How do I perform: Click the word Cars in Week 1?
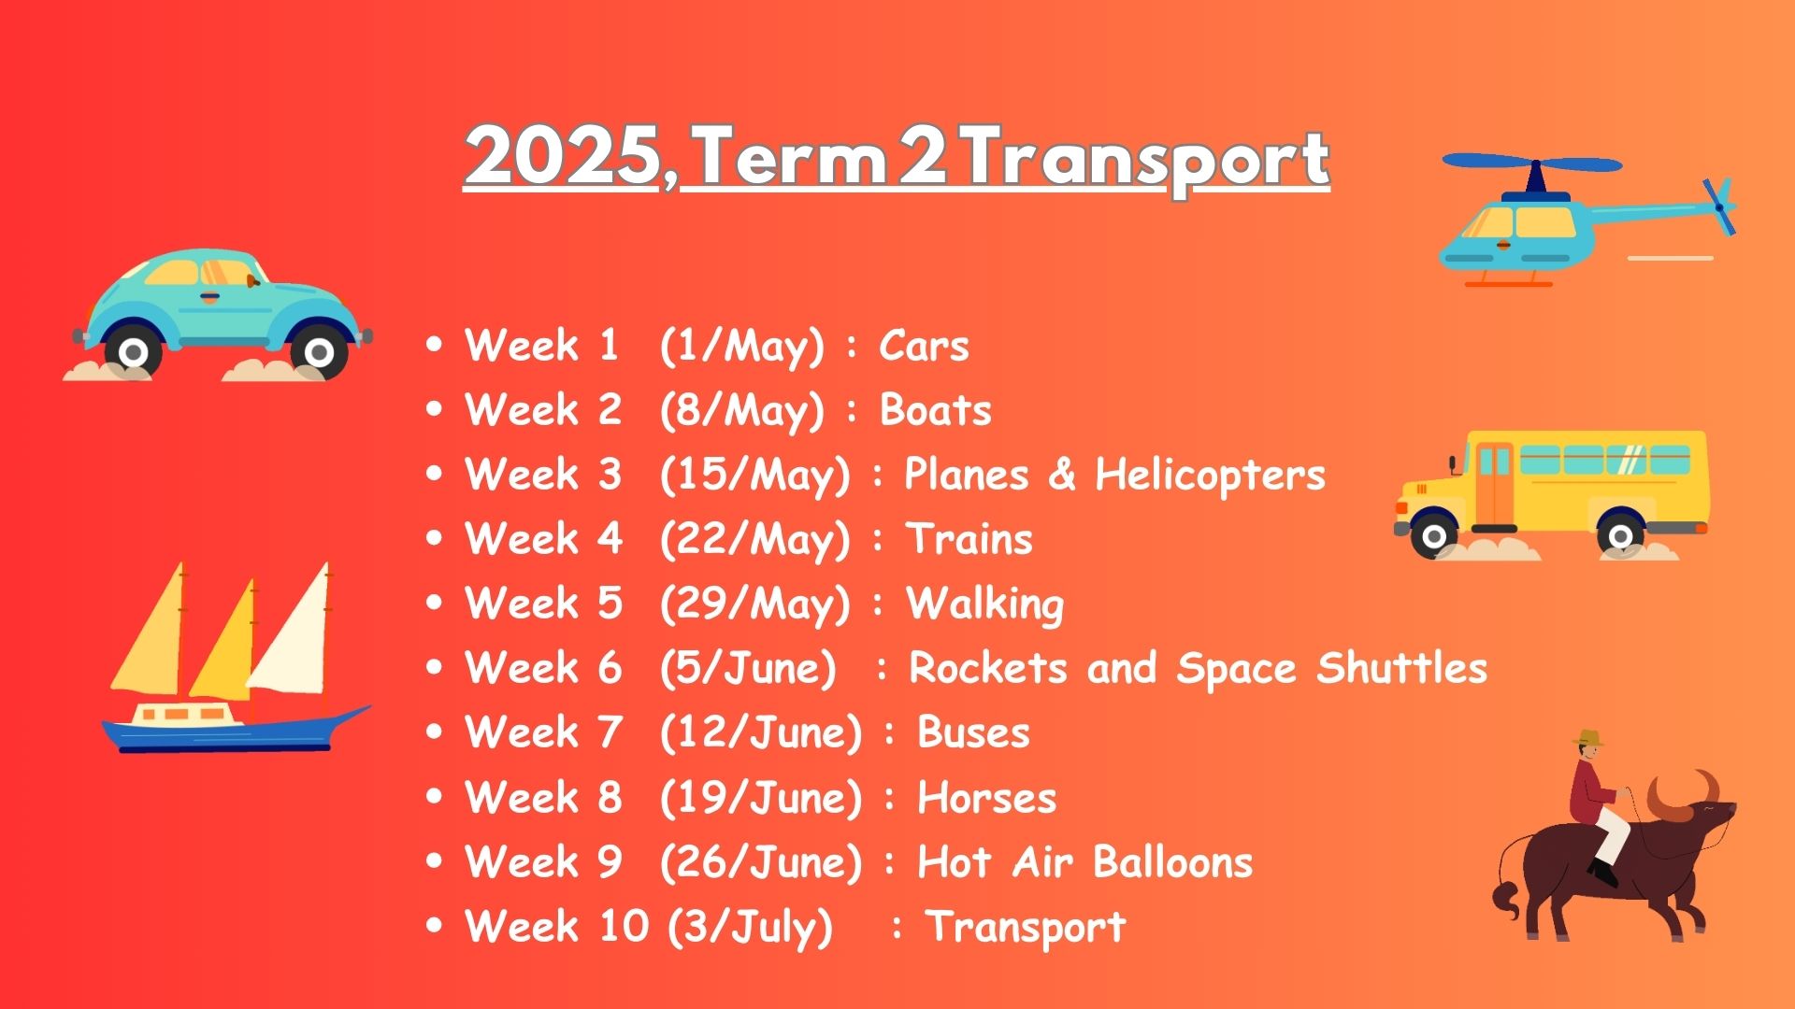click(x=924, y=346)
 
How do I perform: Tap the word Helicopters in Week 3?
click(x=1210, y=476)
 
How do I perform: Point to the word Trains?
click(x=969, y=539)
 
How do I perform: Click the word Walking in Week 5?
click(x=985, y=604)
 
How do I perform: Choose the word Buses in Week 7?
click(x=973, y=732)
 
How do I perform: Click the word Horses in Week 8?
click(x=986, y=798)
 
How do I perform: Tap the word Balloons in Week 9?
click(x=1172, y=861)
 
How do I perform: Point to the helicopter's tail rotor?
click(x=1718, y=206)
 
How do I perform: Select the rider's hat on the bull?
click(x=1588, y=738)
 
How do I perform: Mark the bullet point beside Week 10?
click(x=433, y=926)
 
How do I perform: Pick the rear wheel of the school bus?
click(x=1621, y=536)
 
